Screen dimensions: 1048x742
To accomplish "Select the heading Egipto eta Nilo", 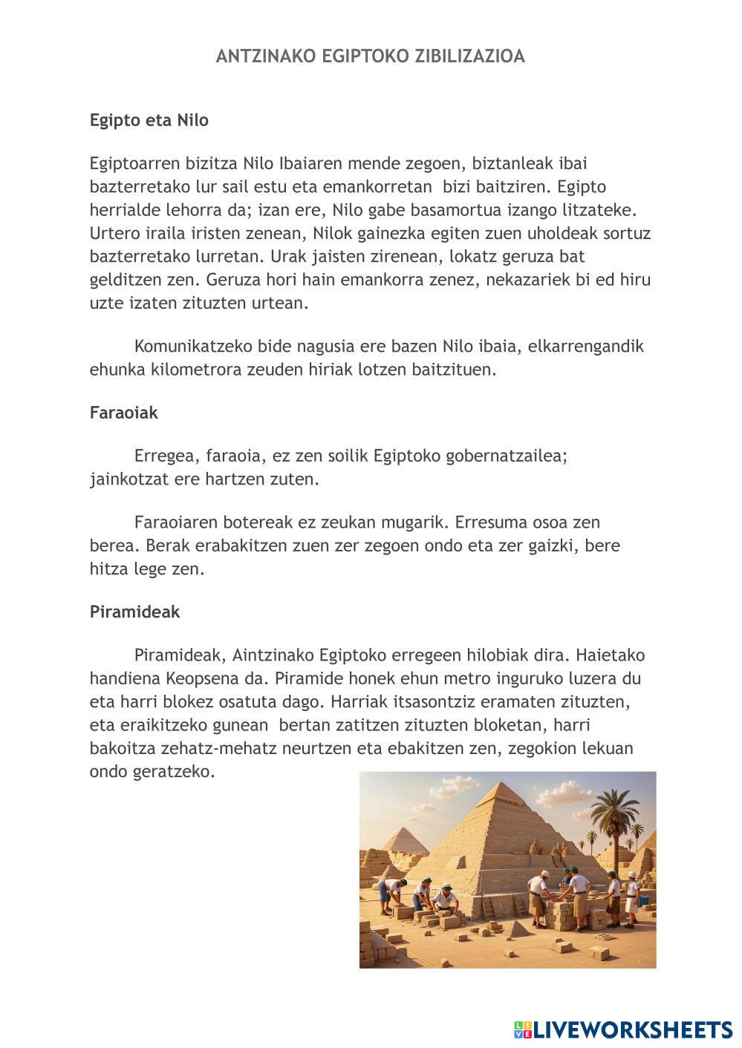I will (149, 120).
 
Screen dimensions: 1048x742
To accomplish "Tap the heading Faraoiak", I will (123, 413).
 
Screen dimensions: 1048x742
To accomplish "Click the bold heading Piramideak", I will (134, 612).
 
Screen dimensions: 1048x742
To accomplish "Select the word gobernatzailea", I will (507, 456).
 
